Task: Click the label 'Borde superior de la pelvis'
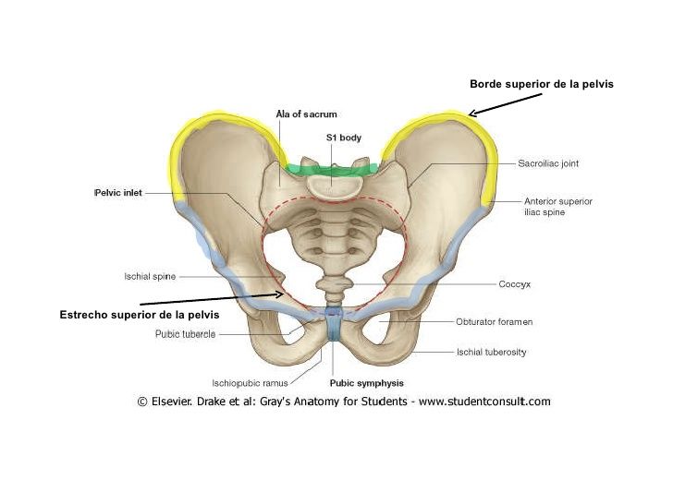tap(542, 84)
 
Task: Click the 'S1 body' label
tap(343, 138)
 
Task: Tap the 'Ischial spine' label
tap(150, 275)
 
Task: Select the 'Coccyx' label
tap(514, 284)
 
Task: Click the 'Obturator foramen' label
tap(494, 322)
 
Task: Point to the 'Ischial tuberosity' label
tap(492, 352)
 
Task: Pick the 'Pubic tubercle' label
tap(186, 334)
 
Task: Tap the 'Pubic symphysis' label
tap(367, 382)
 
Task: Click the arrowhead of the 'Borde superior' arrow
tap(471, 114)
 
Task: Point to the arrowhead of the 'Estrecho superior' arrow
tap(282, 294)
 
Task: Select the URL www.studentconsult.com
tap(481, 402)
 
